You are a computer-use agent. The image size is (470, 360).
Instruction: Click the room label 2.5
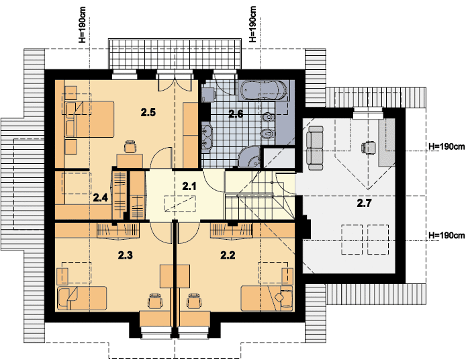(x=148, y=113)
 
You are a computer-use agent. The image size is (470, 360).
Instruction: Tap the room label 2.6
(x=236, y=114)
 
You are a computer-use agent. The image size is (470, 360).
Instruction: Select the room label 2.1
(x=189, y=187)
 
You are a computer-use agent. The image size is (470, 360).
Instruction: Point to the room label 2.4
(x=100, y=197)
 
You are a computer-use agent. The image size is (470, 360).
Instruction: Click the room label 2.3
(x=126, y=255)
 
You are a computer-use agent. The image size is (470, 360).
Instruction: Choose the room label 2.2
(x=228, y=255)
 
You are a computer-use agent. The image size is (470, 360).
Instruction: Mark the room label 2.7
(x=364, y=204)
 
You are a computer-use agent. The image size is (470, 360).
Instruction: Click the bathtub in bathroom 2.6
(x=264, y=90)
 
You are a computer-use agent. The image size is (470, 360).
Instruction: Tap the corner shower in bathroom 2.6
(x=249, y=157)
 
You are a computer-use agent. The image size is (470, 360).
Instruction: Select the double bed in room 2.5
(x=89, y=120)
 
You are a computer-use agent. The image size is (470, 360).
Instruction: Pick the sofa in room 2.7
(x=315, y=144)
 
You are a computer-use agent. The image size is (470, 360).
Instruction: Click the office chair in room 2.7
(x=369, y=148)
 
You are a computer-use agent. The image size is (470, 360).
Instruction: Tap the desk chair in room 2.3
(x=154, y=300)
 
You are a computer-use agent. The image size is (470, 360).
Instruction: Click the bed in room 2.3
(x=81, y=298)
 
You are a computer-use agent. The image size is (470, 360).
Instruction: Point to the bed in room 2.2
(x=267, y=298)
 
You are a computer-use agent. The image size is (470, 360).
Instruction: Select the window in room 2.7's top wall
(x=368, y=114)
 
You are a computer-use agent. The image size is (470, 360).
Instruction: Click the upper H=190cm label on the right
(x=447, y=146)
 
